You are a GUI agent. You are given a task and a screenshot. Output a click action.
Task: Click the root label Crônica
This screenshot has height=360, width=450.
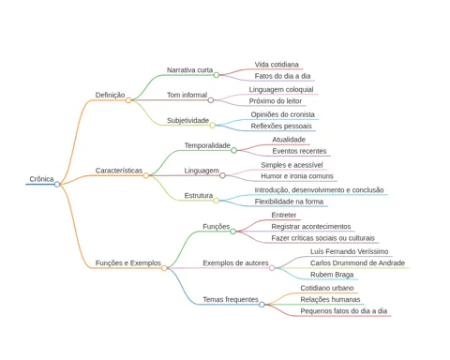(41, 179)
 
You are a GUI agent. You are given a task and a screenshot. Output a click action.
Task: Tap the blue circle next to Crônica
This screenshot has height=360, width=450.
(57, 185)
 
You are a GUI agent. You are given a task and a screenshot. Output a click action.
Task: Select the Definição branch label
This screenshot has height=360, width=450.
(110, 95)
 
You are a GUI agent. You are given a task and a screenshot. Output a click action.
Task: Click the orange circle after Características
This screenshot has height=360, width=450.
(146, 175)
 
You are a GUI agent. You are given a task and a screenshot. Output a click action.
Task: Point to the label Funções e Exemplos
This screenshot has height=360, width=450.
(128, 263)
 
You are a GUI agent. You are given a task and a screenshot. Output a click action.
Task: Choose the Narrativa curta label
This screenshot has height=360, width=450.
(189, 70)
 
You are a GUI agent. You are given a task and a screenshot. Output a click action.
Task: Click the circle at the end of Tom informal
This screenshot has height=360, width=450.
(211, 100)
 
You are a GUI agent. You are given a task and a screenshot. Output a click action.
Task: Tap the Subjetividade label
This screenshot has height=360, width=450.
(187, 120)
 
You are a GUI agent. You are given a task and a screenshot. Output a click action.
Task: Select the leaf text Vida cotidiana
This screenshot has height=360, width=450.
(277, 65)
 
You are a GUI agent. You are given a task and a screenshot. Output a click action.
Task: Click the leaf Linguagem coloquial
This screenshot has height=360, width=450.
(281, 90)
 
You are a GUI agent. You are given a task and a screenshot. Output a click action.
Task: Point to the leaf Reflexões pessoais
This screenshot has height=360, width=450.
(281, 126)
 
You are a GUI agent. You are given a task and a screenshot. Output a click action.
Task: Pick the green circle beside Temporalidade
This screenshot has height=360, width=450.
(233, 151)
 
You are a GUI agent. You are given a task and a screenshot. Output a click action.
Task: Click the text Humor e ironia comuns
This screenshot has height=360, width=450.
(297, 176)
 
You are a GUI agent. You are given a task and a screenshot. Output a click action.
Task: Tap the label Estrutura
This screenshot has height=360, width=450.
(199, 196)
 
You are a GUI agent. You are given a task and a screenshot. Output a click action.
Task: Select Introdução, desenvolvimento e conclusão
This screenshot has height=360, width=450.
(319, 190)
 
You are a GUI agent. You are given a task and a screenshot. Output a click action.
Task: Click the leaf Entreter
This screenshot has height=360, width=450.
(284, 215)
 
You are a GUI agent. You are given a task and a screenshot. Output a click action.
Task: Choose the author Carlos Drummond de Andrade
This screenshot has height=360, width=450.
(357, 263)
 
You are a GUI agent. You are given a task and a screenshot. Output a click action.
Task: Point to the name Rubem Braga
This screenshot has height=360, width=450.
(332, 275)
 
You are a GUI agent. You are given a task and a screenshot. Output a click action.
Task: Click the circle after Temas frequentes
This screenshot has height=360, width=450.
(262, 305)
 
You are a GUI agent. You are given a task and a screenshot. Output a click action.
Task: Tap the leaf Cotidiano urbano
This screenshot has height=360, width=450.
(327, 288)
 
